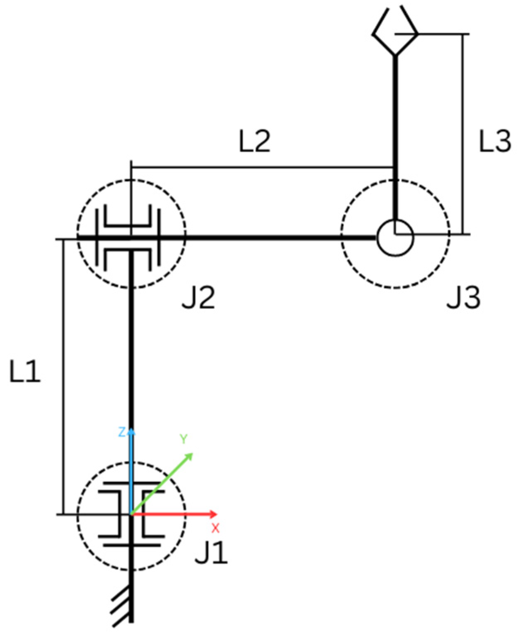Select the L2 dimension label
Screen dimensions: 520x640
[255, 140]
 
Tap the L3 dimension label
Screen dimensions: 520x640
[495, 140]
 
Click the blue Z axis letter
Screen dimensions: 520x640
[122, 432]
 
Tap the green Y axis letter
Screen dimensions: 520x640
[183, 439]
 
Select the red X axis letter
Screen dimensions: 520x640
[215, 528]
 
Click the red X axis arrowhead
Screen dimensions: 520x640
[213, 514]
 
